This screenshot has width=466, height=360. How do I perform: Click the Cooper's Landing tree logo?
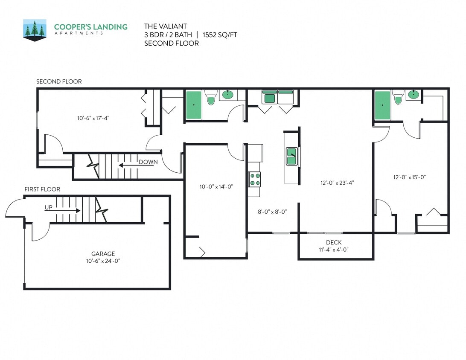35,30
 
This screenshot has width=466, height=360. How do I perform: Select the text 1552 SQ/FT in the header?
220,35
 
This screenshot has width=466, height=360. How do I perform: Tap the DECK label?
333,242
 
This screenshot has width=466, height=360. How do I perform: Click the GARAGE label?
103,253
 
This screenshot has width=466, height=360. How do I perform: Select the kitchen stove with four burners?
255,179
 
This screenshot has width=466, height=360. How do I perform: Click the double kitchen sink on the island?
292,156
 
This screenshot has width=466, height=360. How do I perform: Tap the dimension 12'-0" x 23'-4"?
337,183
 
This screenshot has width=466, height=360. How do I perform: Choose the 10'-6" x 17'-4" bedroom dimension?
97,118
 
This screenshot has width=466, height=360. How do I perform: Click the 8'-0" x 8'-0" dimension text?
272,211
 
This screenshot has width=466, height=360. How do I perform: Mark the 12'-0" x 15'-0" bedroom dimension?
410,177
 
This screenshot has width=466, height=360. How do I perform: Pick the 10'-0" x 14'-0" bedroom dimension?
216,186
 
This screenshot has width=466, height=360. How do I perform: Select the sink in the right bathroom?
413,95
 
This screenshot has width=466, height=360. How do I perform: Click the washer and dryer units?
277,97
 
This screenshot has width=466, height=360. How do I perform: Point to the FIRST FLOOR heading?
42,189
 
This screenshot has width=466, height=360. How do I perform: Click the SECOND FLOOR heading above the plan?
59,81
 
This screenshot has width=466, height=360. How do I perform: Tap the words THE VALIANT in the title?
166,26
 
